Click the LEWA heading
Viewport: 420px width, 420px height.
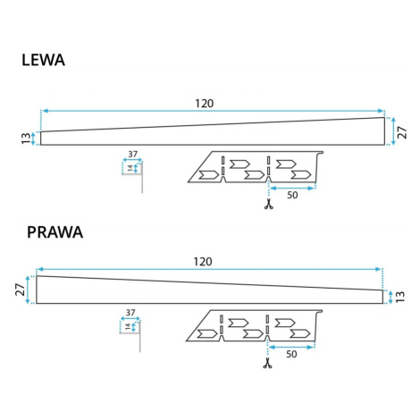click(43, 60)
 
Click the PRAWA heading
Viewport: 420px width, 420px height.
click(55, 232)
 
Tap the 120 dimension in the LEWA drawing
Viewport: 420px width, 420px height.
click(205, 104)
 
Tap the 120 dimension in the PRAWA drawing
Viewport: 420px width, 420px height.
click(203, 262)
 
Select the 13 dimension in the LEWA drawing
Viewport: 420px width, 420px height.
click(26, 139)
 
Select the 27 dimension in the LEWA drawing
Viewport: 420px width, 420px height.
click(402, 132)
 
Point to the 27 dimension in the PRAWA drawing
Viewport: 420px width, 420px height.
click(21, 290)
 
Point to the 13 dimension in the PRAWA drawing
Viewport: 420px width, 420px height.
click(400, 297)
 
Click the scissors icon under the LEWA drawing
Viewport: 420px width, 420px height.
click(269, 204)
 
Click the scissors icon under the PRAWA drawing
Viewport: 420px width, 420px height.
click(267, 363)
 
